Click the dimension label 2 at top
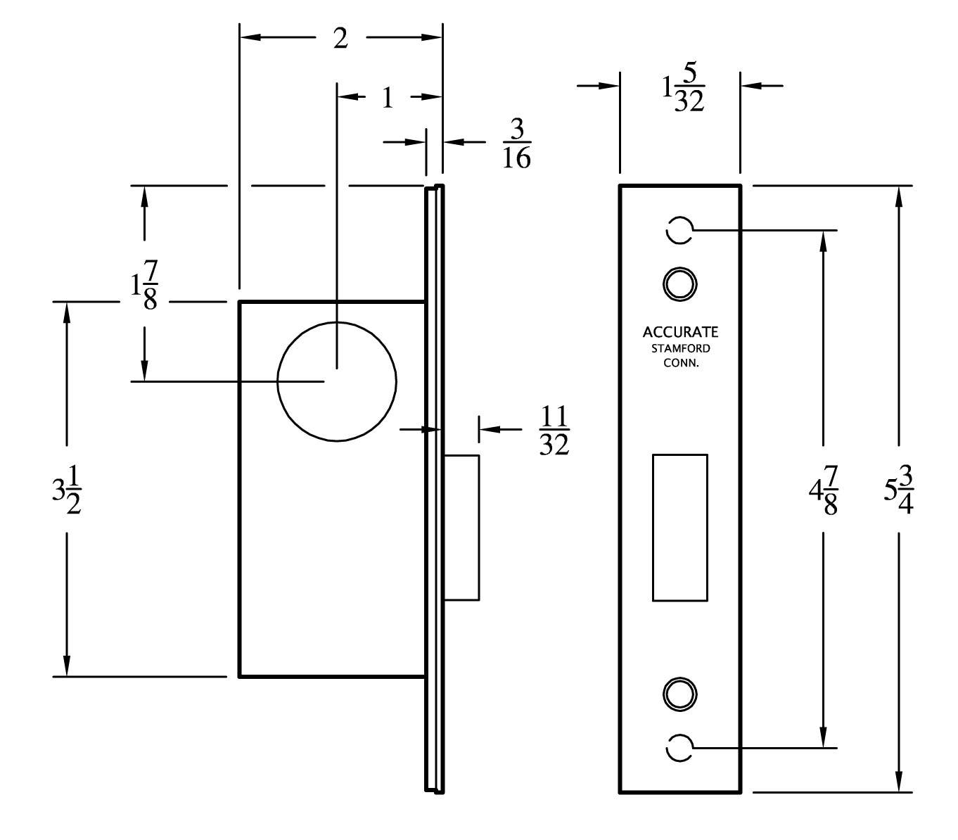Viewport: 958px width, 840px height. click(340, 39)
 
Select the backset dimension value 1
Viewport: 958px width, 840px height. click(388, 98)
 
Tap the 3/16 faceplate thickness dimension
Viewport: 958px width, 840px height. click(516, 144)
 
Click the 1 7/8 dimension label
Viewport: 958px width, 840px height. click(144, 286)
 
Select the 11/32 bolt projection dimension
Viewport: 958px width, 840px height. click(554, 430)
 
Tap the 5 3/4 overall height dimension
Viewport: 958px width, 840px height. click(898, 490)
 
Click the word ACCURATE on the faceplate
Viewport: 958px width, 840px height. click(680, 332)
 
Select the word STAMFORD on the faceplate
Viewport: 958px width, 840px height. click(680, 349)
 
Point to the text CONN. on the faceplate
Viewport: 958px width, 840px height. click(680, 364)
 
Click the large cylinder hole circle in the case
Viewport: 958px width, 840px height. click(337, 381)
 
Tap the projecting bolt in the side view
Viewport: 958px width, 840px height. click(461, 528)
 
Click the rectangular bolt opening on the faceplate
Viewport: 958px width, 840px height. click(679, 528)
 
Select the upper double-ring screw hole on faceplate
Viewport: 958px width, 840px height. click(679, 284)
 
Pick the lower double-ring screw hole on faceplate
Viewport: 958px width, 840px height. click(679, 694)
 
